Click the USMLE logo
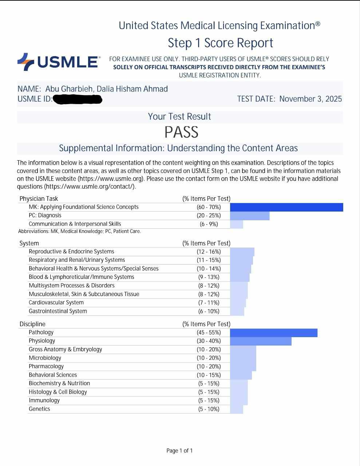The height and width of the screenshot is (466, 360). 59,62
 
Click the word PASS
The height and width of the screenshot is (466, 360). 181,132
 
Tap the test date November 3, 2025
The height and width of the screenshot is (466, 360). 310,99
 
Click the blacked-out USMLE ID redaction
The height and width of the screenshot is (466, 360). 77,99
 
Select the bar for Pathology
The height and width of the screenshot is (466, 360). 274,332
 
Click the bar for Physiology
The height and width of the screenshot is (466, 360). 261,341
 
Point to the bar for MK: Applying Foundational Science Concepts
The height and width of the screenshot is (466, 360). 286,207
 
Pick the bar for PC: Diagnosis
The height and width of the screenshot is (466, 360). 250,216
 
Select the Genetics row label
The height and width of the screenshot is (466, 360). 39,409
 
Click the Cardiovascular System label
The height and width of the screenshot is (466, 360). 56,303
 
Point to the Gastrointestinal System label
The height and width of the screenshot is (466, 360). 58,311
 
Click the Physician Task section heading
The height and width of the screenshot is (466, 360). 39,199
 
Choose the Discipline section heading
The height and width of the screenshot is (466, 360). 32,324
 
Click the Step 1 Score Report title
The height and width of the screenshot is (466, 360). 220,43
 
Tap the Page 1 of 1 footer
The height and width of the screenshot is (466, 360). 179,451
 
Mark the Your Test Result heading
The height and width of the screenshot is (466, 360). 179,116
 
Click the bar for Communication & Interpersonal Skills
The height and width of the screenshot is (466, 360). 237,224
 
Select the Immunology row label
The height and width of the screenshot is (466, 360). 44,400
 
